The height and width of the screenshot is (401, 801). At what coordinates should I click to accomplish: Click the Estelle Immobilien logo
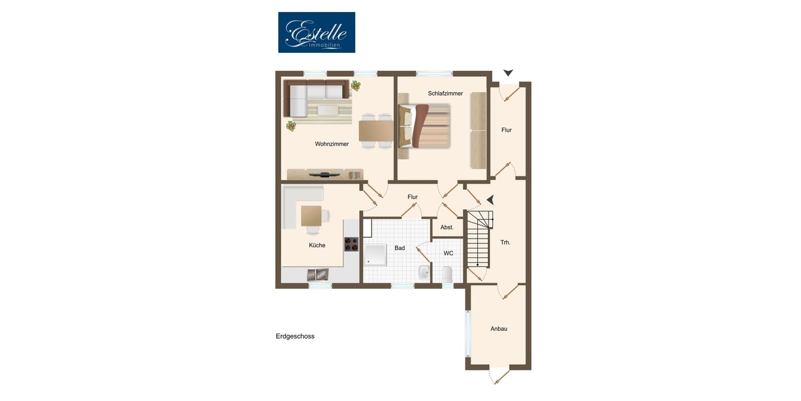[316, 32]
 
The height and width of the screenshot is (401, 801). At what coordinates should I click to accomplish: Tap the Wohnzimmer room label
[332, 144]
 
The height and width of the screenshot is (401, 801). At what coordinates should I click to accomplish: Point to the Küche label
[317, 245]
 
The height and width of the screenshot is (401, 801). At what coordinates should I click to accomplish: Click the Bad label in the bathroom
[400, 248]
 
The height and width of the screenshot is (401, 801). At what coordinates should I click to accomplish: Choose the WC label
[449, 253]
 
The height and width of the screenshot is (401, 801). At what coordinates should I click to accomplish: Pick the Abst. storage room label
[447, 227]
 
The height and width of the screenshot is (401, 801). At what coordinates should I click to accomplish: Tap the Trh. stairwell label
[505, 242]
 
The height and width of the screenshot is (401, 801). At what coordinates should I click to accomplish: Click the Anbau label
[499, 328]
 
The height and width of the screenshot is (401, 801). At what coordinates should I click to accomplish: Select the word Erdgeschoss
[295, 336]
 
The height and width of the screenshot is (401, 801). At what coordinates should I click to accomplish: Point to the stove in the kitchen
[351, 244]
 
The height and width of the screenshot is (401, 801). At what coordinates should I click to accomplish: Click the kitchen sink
[318, 273]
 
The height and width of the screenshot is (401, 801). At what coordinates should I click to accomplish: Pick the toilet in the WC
[447, 273]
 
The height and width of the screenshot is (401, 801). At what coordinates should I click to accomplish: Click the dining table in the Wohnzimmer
[375, 130]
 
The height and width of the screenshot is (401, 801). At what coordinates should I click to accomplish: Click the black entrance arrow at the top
[508, 72]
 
